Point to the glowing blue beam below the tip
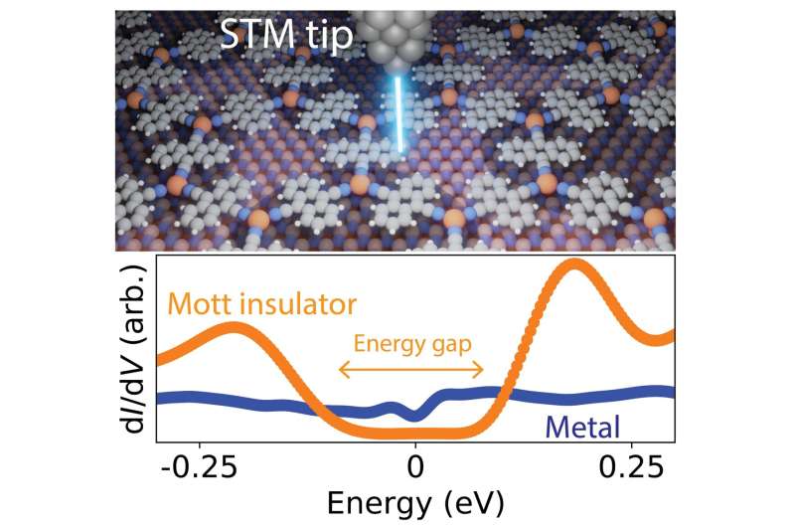pos(399,114)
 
